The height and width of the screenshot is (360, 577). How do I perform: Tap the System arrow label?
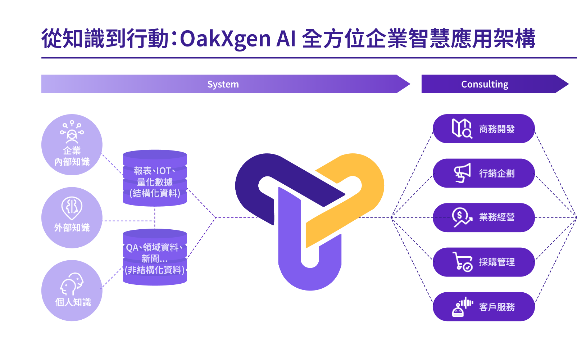coord(223,84)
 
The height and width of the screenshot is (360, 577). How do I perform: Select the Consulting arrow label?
coord(485,84)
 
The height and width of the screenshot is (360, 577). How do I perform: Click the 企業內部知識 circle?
coord(72,145)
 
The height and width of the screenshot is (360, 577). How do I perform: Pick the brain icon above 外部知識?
coord(72,207)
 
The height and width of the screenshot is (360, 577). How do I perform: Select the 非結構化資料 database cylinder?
coord(155,258)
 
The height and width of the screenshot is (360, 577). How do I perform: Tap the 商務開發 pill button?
coord(483,129)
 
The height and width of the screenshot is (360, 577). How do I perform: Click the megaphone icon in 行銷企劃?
coord(462,173)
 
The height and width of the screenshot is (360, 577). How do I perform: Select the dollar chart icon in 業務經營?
coord(462,217)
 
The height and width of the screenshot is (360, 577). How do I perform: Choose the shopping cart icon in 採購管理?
coord(463,262)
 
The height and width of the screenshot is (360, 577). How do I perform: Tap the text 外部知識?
coord(72,228)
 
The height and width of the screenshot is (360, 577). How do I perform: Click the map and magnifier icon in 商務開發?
coord(462,129)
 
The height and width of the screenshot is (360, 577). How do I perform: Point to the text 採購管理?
coord(497,262)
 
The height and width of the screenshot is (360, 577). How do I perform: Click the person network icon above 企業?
coord(72,132)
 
